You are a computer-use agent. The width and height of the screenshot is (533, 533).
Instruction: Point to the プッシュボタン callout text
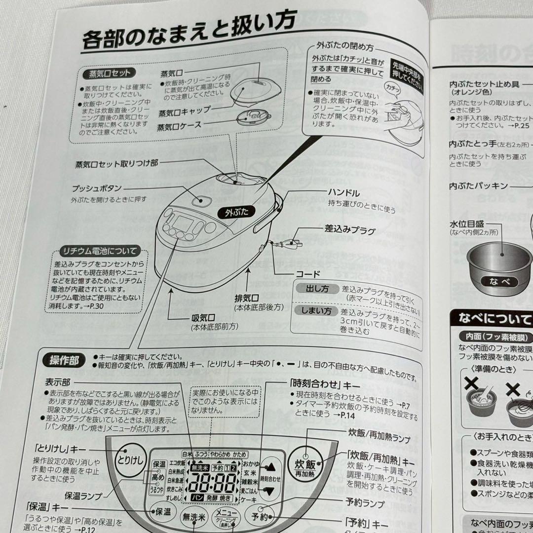pyautogui.click(x=96, y=189)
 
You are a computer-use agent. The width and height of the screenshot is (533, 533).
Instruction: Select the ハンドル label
pyautogui.click(x=343, y=193)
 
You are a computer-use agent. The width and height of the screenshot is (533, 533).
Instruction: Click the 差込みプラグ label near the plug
pyautogui.click(x=349, y=230)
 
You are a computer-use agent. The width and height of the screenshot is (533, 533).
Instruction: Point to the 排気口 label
pyautogui.click(x=247, y=298)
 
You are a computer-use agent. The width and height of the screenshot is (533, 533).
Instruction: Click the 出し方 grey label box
pyautogui.click(x=315, y=289)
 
